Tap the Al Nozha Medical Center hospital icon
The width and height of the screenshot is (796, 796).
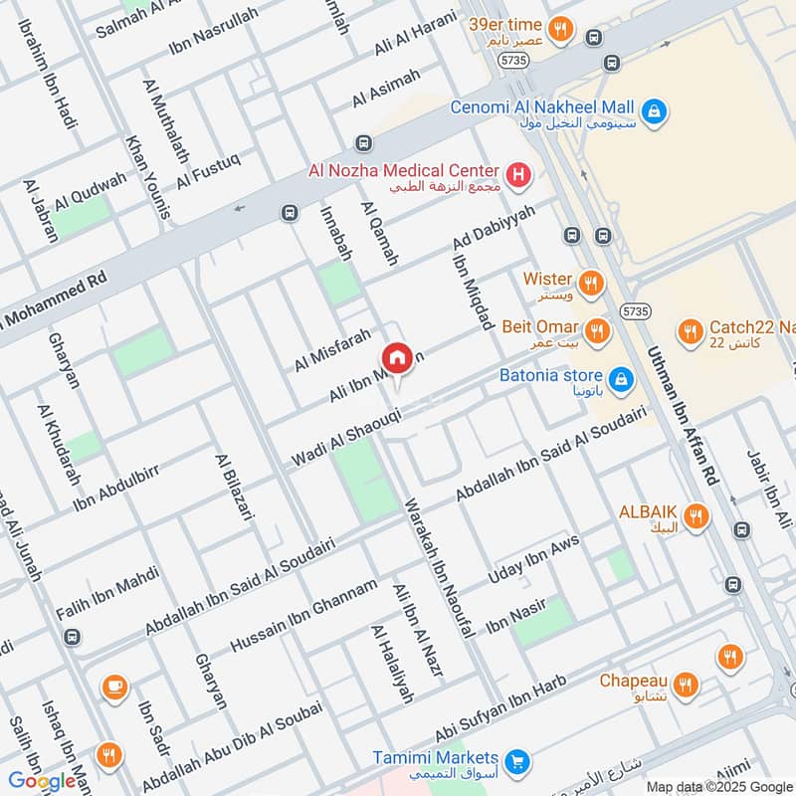pos(517,177)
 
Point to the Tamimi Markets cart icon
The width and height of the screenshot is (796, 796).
pos(515,763)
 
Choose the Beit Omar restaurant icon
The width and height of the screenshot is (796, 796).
pos(596,330)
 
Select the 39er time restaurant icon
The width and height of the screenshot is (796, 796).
pos(561,30)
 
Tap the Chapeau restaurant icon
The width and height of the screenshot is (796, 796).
pos(684,685)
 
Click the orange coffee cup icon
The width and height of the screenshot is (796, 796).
pos(114,687)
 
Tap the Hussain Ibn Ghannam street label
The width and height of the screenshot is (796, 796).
pos(303,616)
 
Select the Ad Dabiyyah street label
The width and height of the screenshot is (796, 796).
pos(493,229)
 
